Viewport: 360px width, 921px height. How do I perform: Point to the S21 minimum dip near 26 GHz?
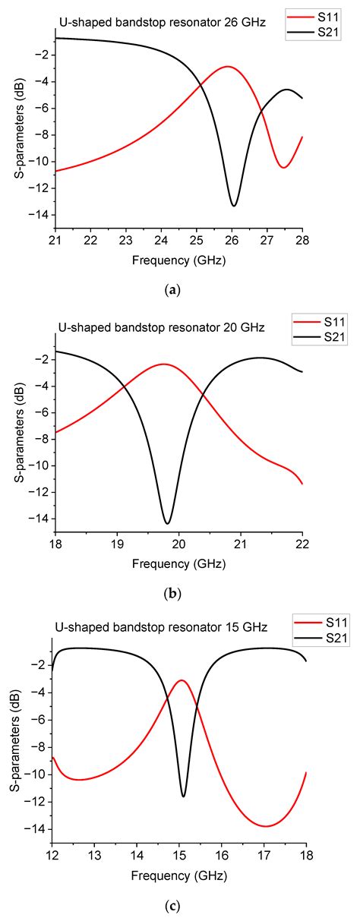tap(234, 206)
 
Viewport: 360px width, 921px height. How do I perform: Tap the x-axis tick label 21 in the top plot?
tap(55, 241)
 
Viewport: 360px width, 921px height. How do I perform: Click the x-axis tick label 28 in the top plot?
tap(302, 241)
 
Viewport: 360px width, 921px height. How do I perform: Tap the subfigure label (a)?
tap(179, 289)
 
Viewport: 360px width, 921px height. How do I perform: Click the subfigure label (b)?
tap(179, 593)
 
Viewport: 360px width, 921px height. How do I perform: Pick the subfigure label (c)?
tap(179, 905)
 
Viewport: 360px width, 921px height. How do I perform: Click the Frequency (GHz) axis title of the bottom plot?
tap(178, 872)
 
